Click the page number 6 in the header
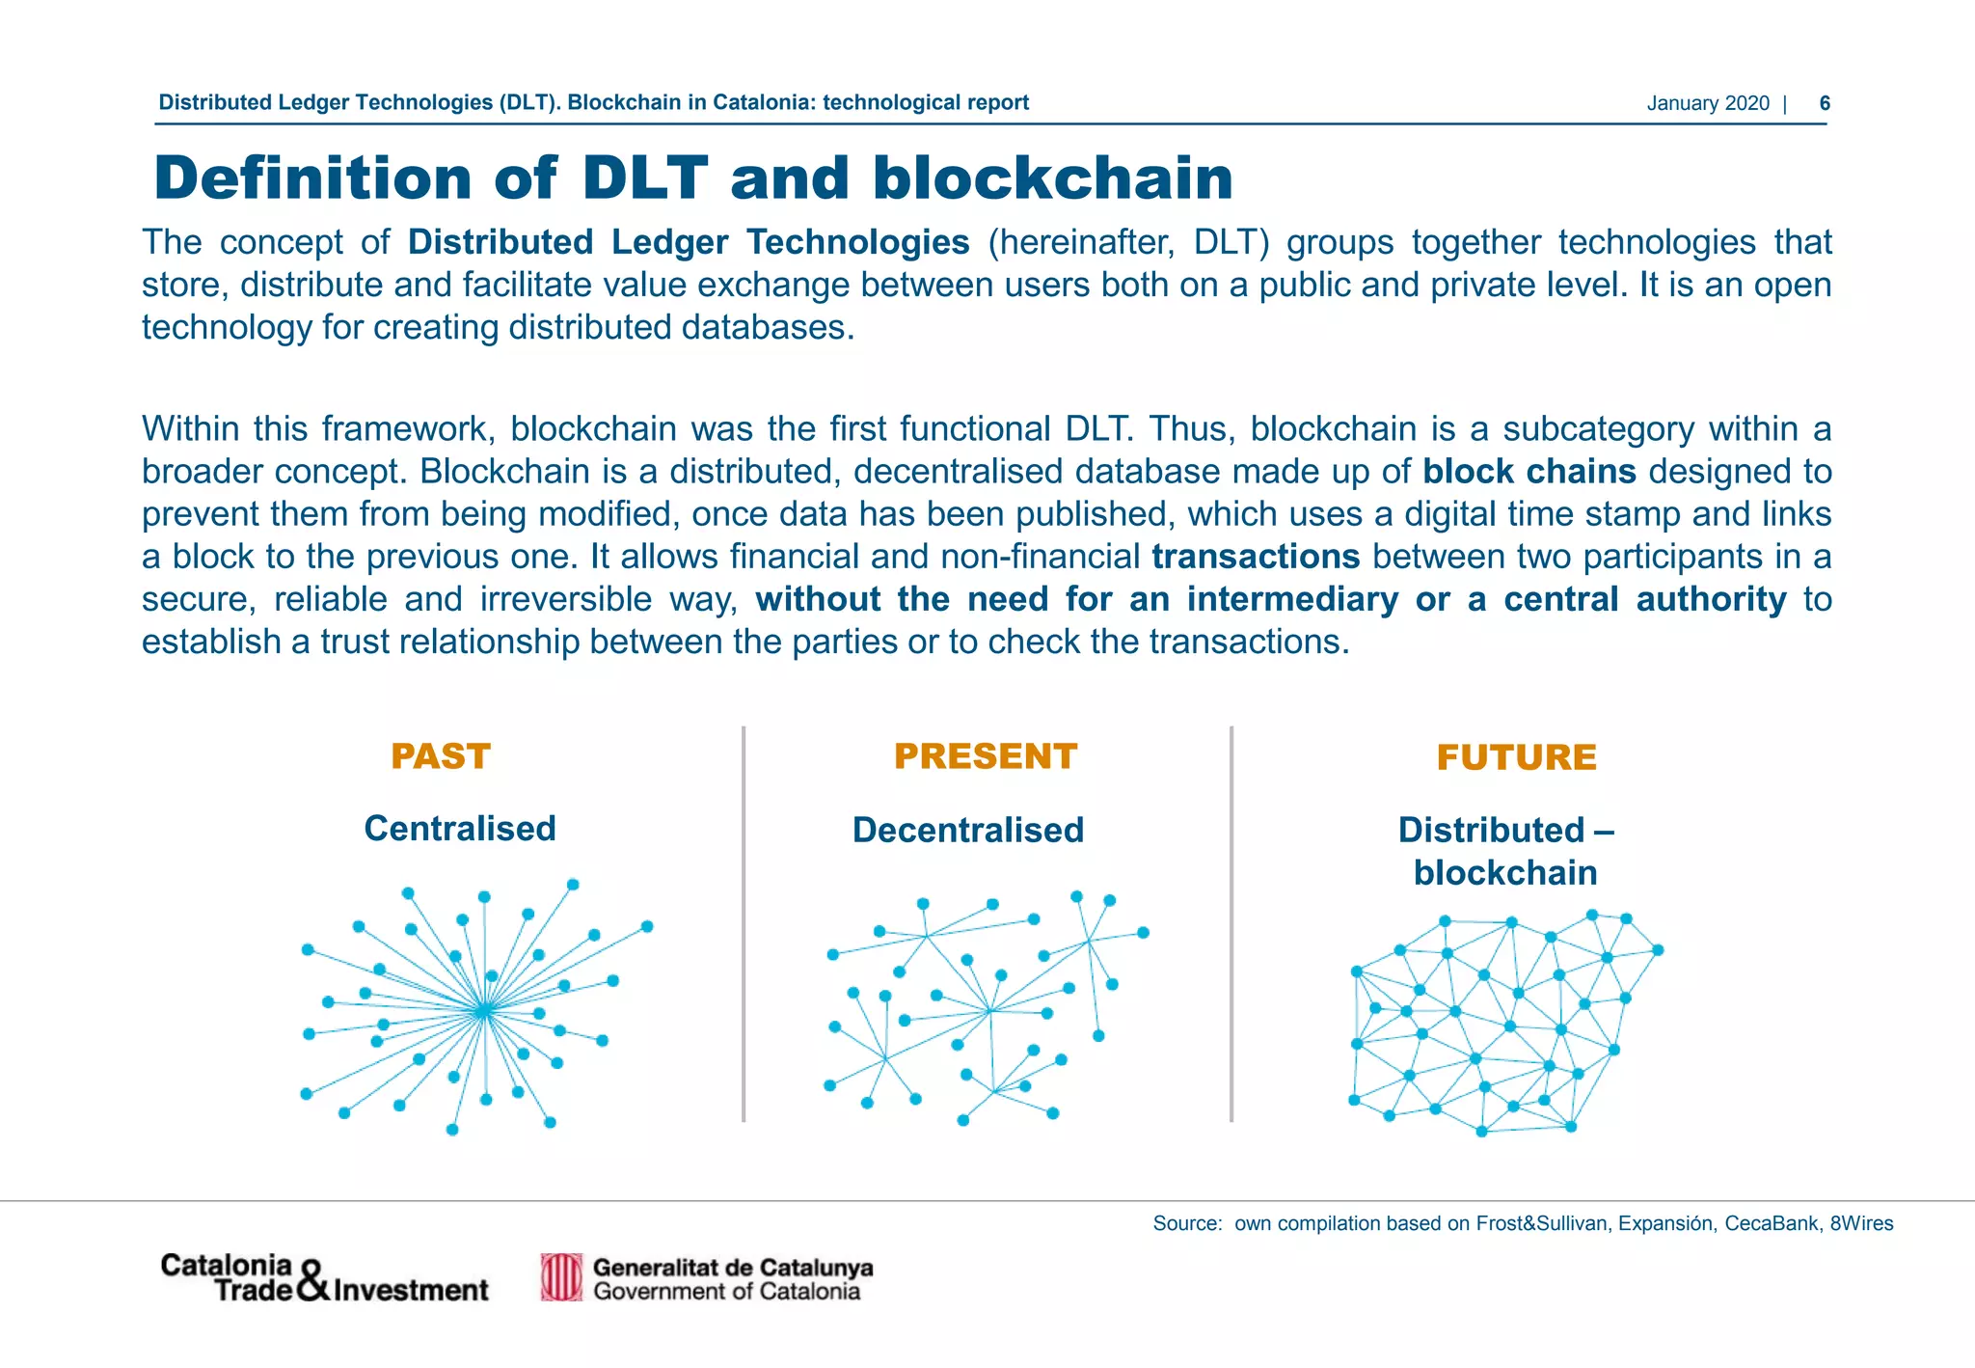pyautogui.click(x=1824, y=103)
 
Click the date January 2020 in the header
pyautogui.click(x=1707, y=103)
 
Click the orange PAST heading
pyautogui.click(x=441, y=756)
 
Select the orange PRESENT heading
pyautogui.click(x=985, y=756)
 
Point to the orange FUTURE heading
pyautogui.click(x=1516, y=757)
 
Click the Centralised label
pyautogui.click(x=459, y=829)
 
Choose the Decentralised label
pyautogui.click(x=967, y=831)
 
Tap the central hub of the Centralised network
pyautogui.click(x=484, y=1010)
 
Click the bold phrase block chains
pyautogui.click(x=1529, y=472)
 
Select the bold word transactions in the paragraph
pyautogui.click(x=1255, y=557)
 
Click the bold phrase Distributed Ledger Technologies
pyautogui.click(x=688, y=242)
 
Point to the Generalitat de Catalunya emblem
pyautogui.click(x=561, y=1277)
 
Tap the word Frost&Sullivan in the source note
pyautogui.click(x=1542, y=1223)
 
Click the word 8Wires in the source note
pyautogui.click(x=1861, y=1223)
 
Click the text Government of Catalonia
pyautogui.click(x=726, y=1292)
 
